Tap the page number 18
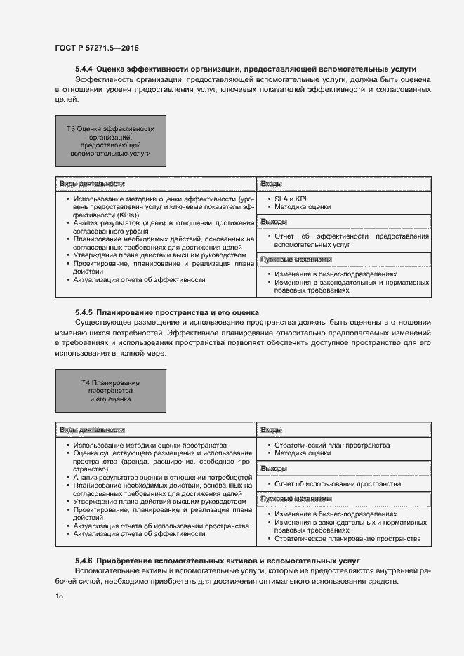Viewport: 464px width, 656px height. pyautogui.click(x=59, y=596)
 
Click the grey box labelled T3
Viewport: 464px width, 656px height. pyautogui.click(x=110, y=141)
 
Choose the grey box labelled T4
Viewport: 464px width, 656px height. pyautogui.click(x=110, y=390)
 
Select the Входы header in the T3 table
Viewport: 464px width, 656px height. pyautogui.click(x=272, y=184)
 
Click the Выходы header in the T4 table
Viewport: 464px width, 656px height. pyautogui.click(x=274, y=468)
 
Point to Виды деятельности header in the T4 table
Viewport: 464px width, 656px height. pyautogui.click(x=92, y=429)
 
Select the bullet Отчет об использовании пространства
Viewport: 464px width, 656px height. pyautogui.click(x=328, y=484)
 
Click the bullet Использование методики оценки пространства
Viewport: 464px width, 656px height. pyautogui.click(x=150, y=445)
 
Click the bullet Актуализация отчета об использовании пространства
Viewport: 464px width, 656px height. pyautogui.click(x=157, y=526)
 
